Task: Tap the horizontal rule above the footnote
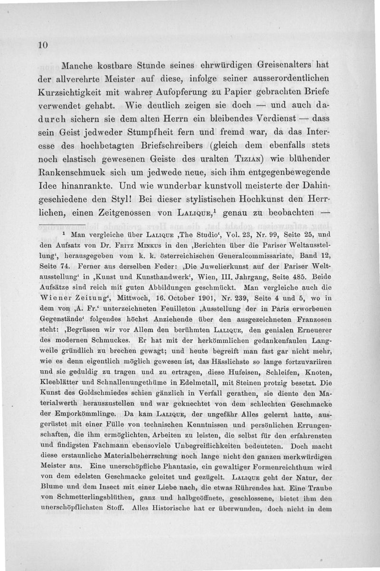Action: coord(61,223)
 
